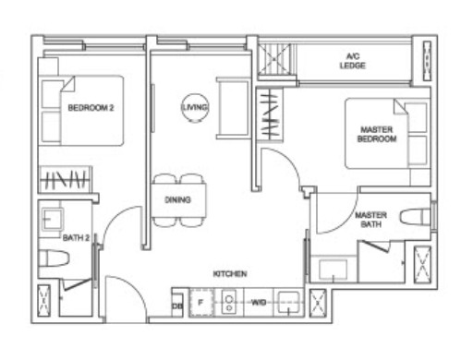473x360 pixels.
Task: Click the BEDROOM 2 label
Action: pyautogui.click(x=91, y=108)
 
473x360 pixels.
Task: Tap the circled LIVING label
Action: pyautogui.click(x=195, y=108)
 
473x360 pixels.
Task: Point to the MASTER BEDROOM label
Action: pyautogui.click(x=376, y=134)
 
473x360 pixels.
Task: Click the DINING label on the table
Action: pyautogui.click(x=177, y=199)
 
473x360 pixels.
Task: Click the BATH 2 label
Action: pyautogui.click(x=75, y=237)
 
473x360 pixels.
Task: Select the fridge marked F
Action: pyautogui.click(x=200, y=301)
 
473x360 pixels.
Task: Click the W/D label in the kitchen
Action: pyautogui.click(x=258, y=301)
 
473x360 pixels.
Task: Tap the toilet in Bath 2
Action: pyautogui.click(x=52, y=260)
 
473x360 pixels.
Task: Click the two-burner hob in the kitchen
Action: pyautogui.click(x=228, y=301)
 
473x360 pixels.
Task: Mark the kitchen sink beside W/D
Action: pyautogui.click(x=288, y=301)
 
